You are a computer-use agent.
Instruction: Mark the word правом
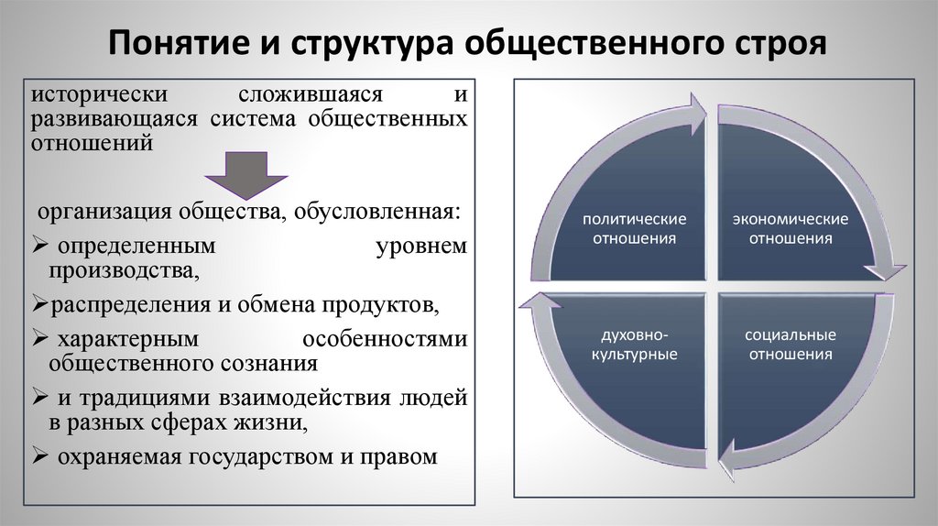click(x=399, y=455)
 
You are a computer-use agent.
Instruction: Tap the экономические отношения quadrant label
click(x=790, y=229)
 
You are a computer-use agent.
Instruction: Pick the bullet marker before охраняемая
click(x=40, y=455)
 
